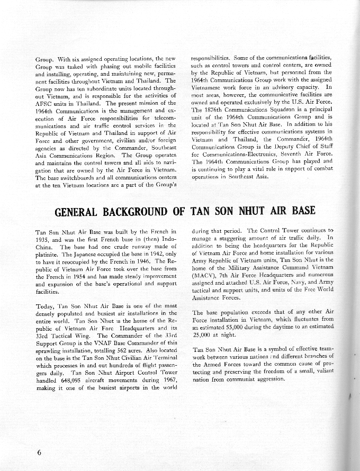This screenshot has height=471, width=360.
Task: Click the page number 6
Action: (39, 452)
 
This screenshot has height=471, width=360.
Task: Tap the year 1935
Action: (42, 239)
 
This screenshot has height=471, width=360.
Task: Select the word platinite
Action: (48, 254)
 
